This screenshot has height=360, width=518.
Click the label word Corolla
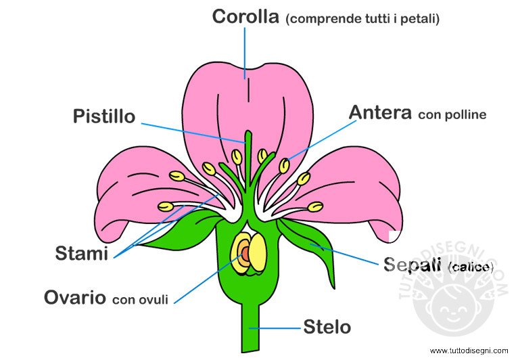pos(245,17)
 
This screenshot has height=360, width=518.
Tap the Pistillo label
pos(104,116)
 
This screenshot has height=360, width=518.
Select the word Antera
pos(380,113)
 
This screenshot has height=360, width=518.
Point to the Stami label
pos(82,254)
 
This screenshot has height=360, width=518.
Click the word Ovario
pos(74,297)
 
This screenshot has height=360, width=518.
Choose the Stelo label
pos(327,328)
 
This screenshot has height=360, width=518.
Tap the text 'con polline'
pos(452,115)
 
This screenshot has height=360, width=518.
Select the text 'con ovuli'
pos(140,299)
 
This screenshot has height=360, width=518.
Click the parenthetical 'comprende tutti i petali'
pos(363,19)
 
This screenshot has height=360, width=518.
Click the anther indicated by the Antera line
pos(285,165)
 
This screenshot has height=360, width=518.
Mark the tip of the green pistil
pos(248,135)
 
